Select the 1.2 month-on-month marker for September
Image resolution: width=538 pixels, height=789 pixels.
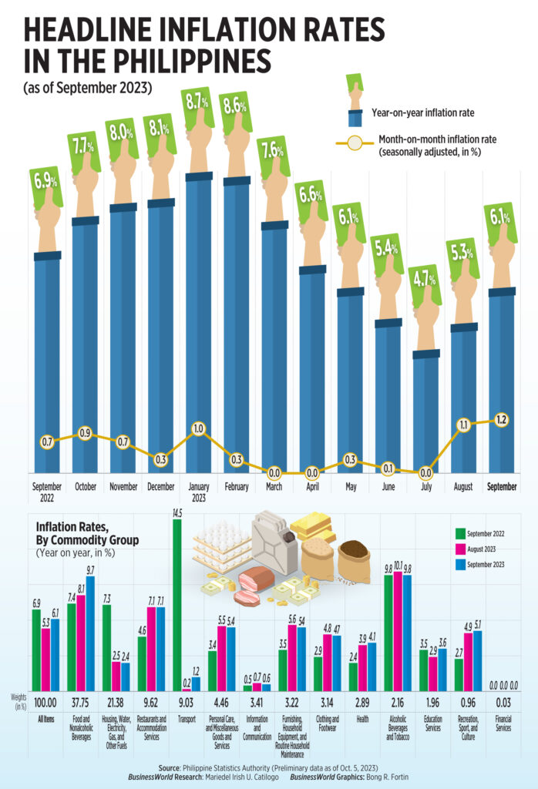(502, 420)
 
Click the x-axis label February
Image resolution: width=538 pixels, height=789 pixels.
(236, 487)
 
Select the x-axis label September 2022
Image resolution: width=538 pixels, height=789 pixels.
(47, 492)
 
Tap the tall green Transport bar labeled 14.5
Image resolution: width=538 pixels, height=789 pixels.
(177, 605)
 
